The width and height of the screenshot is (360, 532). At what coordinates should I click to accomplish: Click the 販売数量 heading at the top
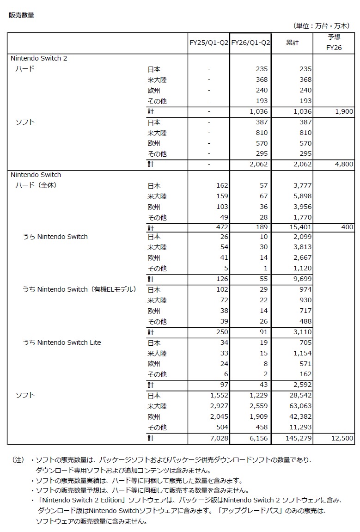coord(21,15)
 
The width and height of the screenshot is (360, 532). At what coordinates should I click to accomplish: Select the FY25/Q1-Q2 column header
coord(209,43)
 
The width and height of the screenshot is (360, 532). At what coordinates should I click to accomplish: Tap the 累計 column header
coord(292,43)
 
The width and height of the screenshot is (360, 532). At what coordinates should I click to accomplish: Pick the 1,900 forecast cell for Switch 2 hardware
coord(345,111)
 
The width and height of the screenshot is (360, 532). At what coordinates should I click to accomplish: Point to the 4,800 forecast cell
coord(345,164)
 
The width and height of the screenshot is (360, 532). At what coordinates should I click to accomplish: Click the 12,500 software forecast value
coord(342,438)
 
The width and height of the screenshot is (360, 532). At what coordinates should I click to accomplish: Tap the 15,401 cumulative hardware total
coord(299,227)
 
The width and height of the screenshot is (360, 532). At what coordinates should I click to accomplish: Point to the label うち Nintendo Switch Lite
coord(62,342)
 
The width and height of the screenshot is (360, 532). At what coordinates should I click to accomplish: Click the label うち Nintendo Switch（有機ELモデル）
coord(79,289)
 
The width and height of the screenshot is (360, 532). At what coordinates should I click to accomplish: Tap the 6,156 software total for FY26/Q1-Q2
coord(258,438)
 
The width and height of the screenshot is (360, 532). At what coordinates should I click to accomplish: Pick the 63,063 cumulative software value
coord(299,406)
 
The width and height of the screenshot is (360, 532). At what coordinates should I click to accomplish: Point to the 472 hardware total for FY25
coord(222,227)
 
